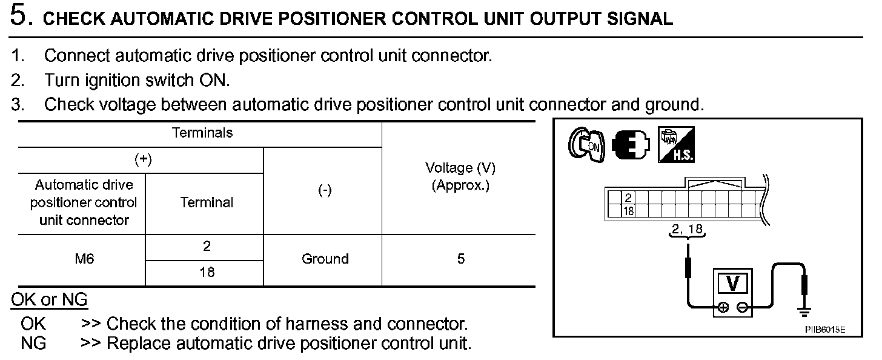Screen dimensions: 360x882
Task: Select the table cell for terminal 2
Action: pos(207,247)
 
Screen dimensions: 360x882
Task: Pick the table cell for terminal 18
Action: pos(207,273)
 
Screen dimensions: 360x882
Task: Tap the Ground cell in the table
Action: pos(325,259)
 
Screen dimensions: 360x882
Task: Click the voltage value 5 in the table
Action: pos(461,259)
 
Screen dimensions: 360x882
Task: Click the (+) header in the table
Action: pos(143,159)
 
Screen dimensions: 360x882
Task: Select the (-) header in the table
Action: pos(325,191)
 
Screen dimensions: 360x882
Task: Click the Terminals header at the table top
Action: pos(202,133)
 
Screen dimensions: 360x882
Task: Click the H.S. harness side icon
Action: pos(676,145)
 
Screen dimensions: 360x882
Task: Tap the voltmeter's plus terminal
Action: pos(723,308)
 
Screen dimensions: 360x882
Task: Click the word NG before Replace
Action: pos(33,344)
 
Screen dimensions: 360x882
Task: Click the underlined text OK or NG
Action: pos(49,299)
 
